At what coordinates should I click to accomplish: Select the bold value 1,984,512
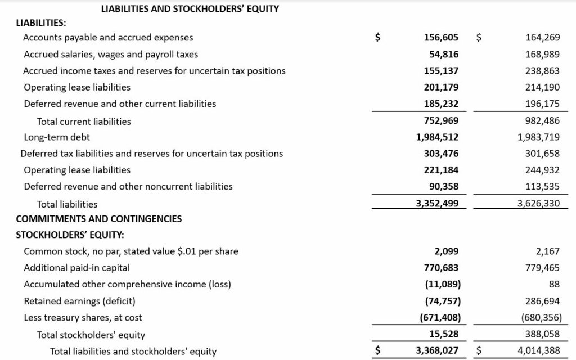coord(438,137)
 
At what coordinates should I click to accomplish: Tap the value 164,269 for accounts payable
coord(543,38)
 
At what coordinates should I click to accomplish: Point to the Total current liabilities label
coord(84,121)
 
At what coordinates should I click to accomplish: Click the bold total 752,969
coord(442,121)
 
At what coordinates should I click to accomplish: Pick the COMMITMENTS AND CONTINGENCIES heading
coord(99,219)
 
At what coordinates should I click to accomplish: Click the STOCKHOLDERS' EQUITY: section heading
coord(70,235)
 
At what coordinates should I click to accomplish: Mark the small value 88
coord(554,284)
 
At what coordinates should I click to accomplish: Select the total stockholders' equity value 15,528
coord(444,334)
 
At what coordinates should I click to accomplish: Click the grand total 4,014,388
coord(539,351)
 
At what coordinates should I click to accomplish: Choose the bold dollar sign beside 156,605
coord(379,38)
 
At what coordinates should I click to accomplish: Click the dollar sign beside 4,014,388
coord(479,351)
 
